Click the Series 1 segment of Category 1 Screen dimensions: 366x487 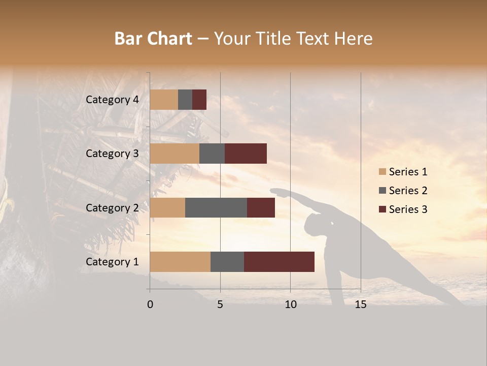click(180, 261)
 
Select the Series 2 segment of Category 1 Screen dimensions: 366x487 click(227, 261)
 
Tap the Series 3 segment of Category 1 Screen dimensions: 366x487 click(279, 261)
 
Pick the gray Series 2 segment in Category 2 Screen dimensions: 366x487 click(216, 207)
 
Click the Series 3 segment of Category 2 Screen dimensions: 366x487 click(261, 207)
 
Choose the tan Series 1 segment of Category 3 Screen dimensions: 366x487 click(175, 154)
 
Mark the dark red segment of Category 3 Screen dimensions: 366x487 click(246, 154)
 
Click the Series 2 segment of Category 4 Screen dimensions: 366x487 click(185, 100)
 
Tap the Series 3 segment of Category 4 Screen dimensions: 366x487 click(199, 100)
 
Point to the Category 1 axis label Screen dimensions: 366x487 click(112, 262)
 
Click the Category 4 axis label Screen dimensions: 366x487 click(112, 100)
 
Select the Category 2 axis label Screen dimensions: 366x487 click(112, 208)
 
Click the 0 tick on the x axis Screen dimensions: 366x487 click(150, 304)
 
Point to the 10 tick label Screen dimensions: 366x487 click(290, 304)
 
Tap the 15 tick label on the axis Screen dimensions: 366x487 click(361, 304)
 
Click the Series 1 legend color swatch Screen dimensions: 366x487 click(382, 172)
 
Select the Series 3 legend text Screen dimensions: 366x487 click(408, 209)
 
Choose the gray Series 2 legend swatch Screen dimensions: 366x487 click(382, 191)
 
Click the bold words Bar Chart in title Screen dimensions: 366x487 click(153, 39)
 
